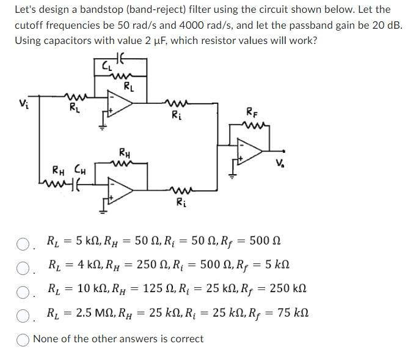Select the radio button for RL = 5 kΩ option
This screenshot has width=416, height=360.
(23, 245)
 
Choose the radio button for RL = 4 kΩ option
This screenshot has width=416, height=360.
(23, 268)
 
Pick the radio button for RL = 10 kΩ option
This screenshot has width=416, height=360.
(23, 291)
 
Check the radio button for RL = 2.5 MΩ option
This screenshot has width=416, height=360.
(23, 315)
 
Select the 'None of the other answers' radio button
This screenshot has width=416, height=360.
(23, 339)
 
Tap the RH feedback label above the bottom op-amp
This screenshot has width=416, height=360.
(124, 152)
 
